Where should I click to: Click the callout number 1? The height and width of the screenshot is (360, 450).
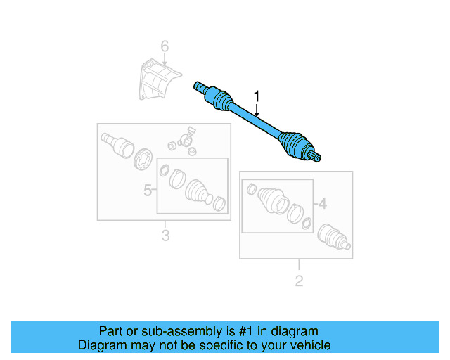click(x=257, y=96)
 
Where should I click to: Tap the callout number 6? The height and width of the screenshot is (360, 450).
click(x=165, y=47)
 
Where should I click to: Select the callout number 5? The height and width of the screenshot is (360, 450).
click(x=148, y=190)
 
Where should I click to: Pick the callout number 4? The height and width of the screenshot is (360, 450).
click(x=322, y=204)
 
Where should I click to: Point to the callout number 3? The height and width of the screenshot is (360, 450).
click(x=165, y=236)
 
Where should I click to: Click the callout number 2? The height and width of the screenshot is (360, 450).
click(x=299, y=281)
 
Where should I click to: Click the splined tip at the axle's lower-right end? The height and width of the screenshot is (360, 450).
click(x=319, y=157)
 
